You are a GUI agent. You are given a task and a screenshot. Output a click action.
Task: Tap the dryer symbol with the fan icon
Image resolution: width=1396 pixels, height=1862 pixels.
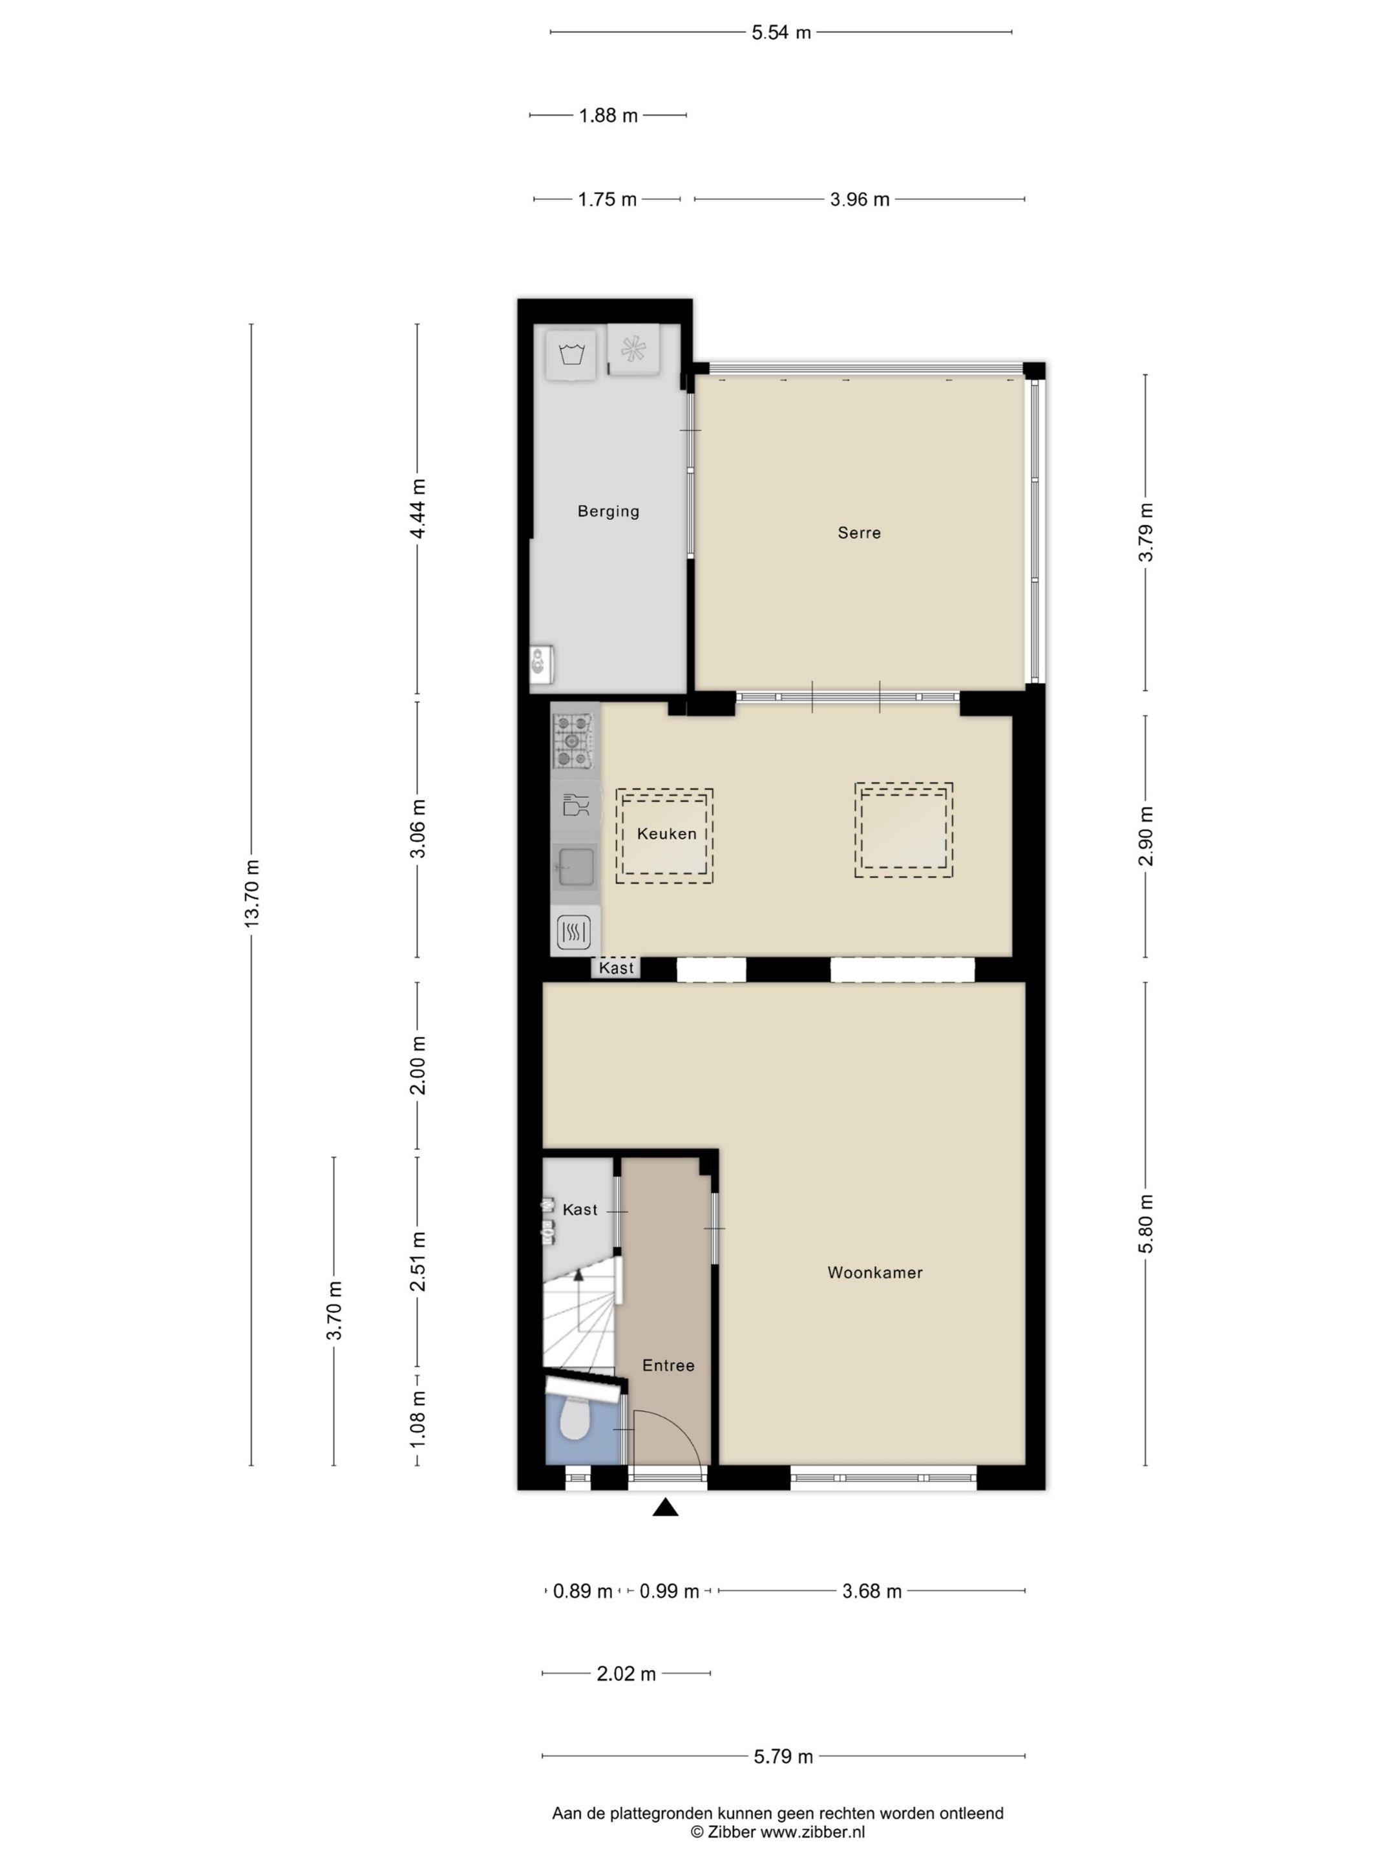tap(633, 348)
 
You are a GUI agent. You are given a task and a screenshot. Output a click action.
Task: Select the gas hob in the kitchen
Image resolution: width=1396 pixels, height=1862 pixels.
tap(574, 741)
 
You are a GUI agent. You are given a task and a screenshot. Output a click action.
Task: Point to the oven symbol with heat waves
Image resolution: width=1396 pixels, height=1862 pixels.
tap(574, 931)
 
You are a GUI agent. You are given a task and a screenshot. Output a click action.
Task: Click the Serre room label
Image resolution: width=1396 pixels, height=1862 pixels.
tap(858, 533)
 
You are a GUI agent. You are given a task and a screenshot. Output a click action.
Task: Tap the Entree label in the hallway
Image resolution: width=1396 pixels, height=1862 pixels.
tap(668, 1365)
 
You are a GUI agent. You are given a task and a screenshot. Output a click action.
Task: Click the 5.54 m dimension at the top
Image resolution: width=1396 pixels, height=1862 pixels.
tap(780, 33)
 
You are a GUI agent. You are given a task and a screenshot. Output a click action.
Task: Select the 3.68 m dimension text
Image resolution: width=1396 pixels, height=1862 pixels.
tap(871, 1591)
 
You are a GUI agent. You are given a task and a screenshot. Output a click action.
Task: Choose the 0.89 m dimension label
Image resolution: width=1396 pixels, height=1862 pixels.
tap(582, 1591)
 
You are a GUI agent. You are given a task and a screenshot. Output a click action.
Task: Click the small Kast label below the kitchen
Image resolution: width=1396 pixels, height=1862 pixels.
tap(616, 968)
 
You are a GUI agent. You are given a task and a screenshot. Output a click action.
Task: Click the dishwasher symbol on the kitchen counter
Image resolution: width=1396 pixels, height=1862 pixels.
tap(576, 806)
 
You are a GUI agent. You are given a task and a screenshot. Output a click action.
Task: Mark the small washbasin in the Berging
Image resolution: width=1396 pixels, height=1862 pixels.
tap(540, 664)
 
